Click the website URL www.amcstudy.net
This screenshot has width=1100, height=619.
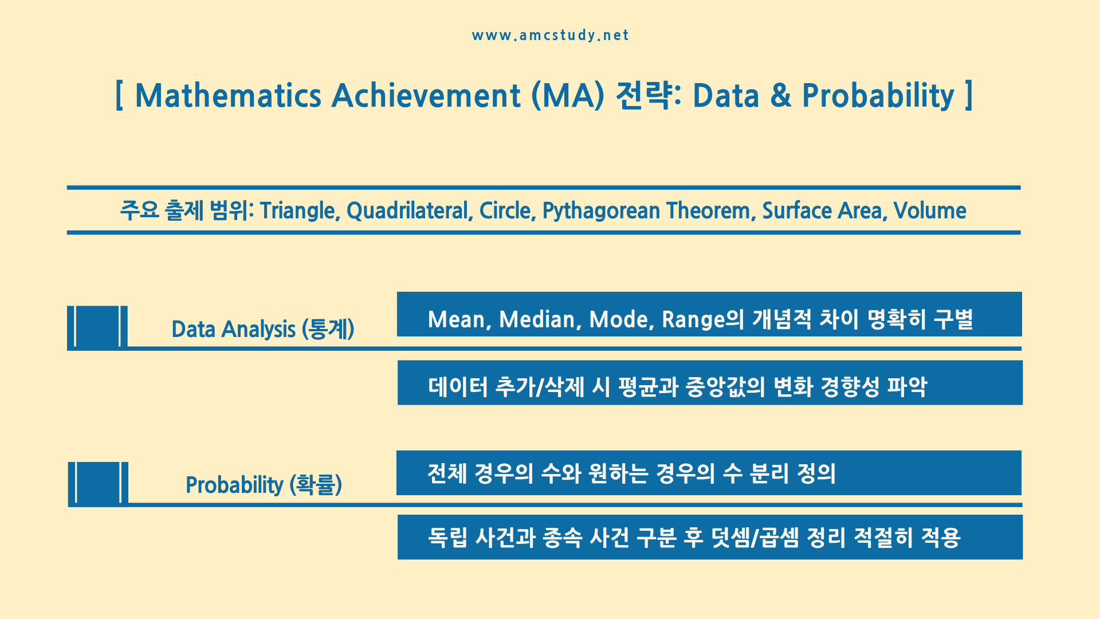550,36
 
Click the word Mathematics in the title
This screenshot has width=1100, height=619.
228,95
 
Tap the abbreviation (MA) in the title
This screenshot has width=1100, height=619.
568,96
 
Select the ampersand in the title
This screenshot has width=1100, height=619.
781,95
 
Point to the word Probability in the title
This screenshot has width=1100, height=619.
878,96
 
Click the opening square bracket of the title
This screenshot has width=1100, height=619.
119,96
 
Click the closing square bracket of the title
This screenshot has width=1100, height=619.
968,96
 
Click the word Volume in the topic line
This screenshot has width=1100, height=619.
930,211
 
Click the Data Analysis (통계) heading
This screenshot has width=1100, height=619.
263,330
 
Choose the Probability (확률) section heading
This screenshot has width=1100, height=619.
264,485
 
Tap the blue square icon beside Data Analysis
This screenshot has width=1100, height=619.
97,326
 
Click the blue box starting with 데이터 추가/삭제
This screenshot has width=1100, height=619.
710,383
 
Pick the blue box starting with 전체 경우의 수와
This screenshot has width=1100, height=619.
709,473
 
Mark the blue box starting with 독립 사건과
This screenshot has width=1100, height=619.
710,537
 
